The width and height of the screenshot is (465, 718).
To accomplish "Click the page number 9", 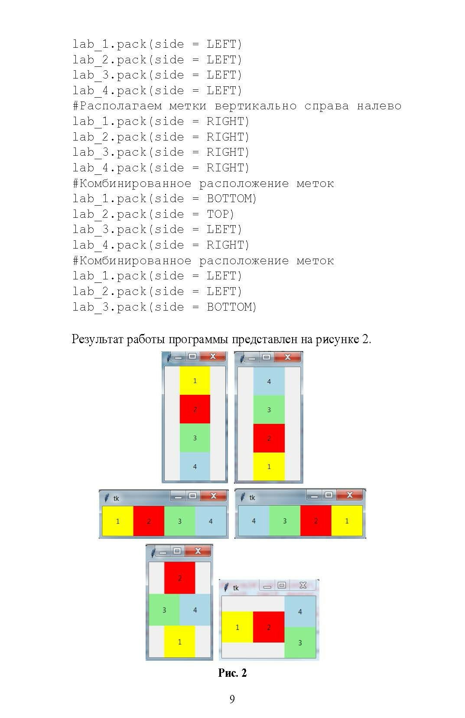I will [232, 699].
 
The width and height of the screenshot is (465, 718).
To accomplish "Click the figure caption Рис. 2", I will [232, 673].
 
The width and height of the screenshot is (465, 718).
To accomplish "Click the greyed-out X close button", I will [303, 585].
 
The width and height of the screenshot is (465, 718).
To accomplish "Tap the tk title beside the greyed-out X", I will [236, 588].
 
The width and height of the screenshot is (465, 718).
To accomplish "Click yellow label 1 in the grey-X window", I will [237, 627].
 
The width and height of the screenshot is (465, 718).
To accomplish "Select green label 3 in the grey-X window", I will [300, 643].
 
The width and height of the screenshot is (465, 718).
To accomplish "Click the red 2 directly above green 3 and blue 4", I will [179, 578].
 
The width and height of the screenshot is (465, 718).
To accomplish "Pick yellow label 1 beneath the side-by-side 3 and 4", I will [179, 642].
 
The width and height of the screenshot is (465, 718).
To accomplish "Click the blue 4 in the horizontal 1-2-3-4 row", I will [211, 521].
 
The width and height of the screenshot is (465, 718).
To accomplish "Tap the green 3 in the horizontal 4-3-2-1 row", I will [285, 521].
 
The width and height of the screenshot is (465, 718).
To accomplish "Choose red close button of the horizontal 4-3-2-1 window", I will [349, 495].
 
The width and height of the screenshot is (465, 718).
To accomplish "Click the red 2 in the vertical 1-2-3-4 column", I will [195, 409].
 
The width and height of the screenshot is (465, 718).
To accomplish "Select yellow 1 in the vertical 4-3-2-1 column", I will [269, 467].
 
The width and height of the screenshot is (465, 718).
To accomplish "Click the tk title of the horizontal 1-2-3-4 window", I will [116, 498].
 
